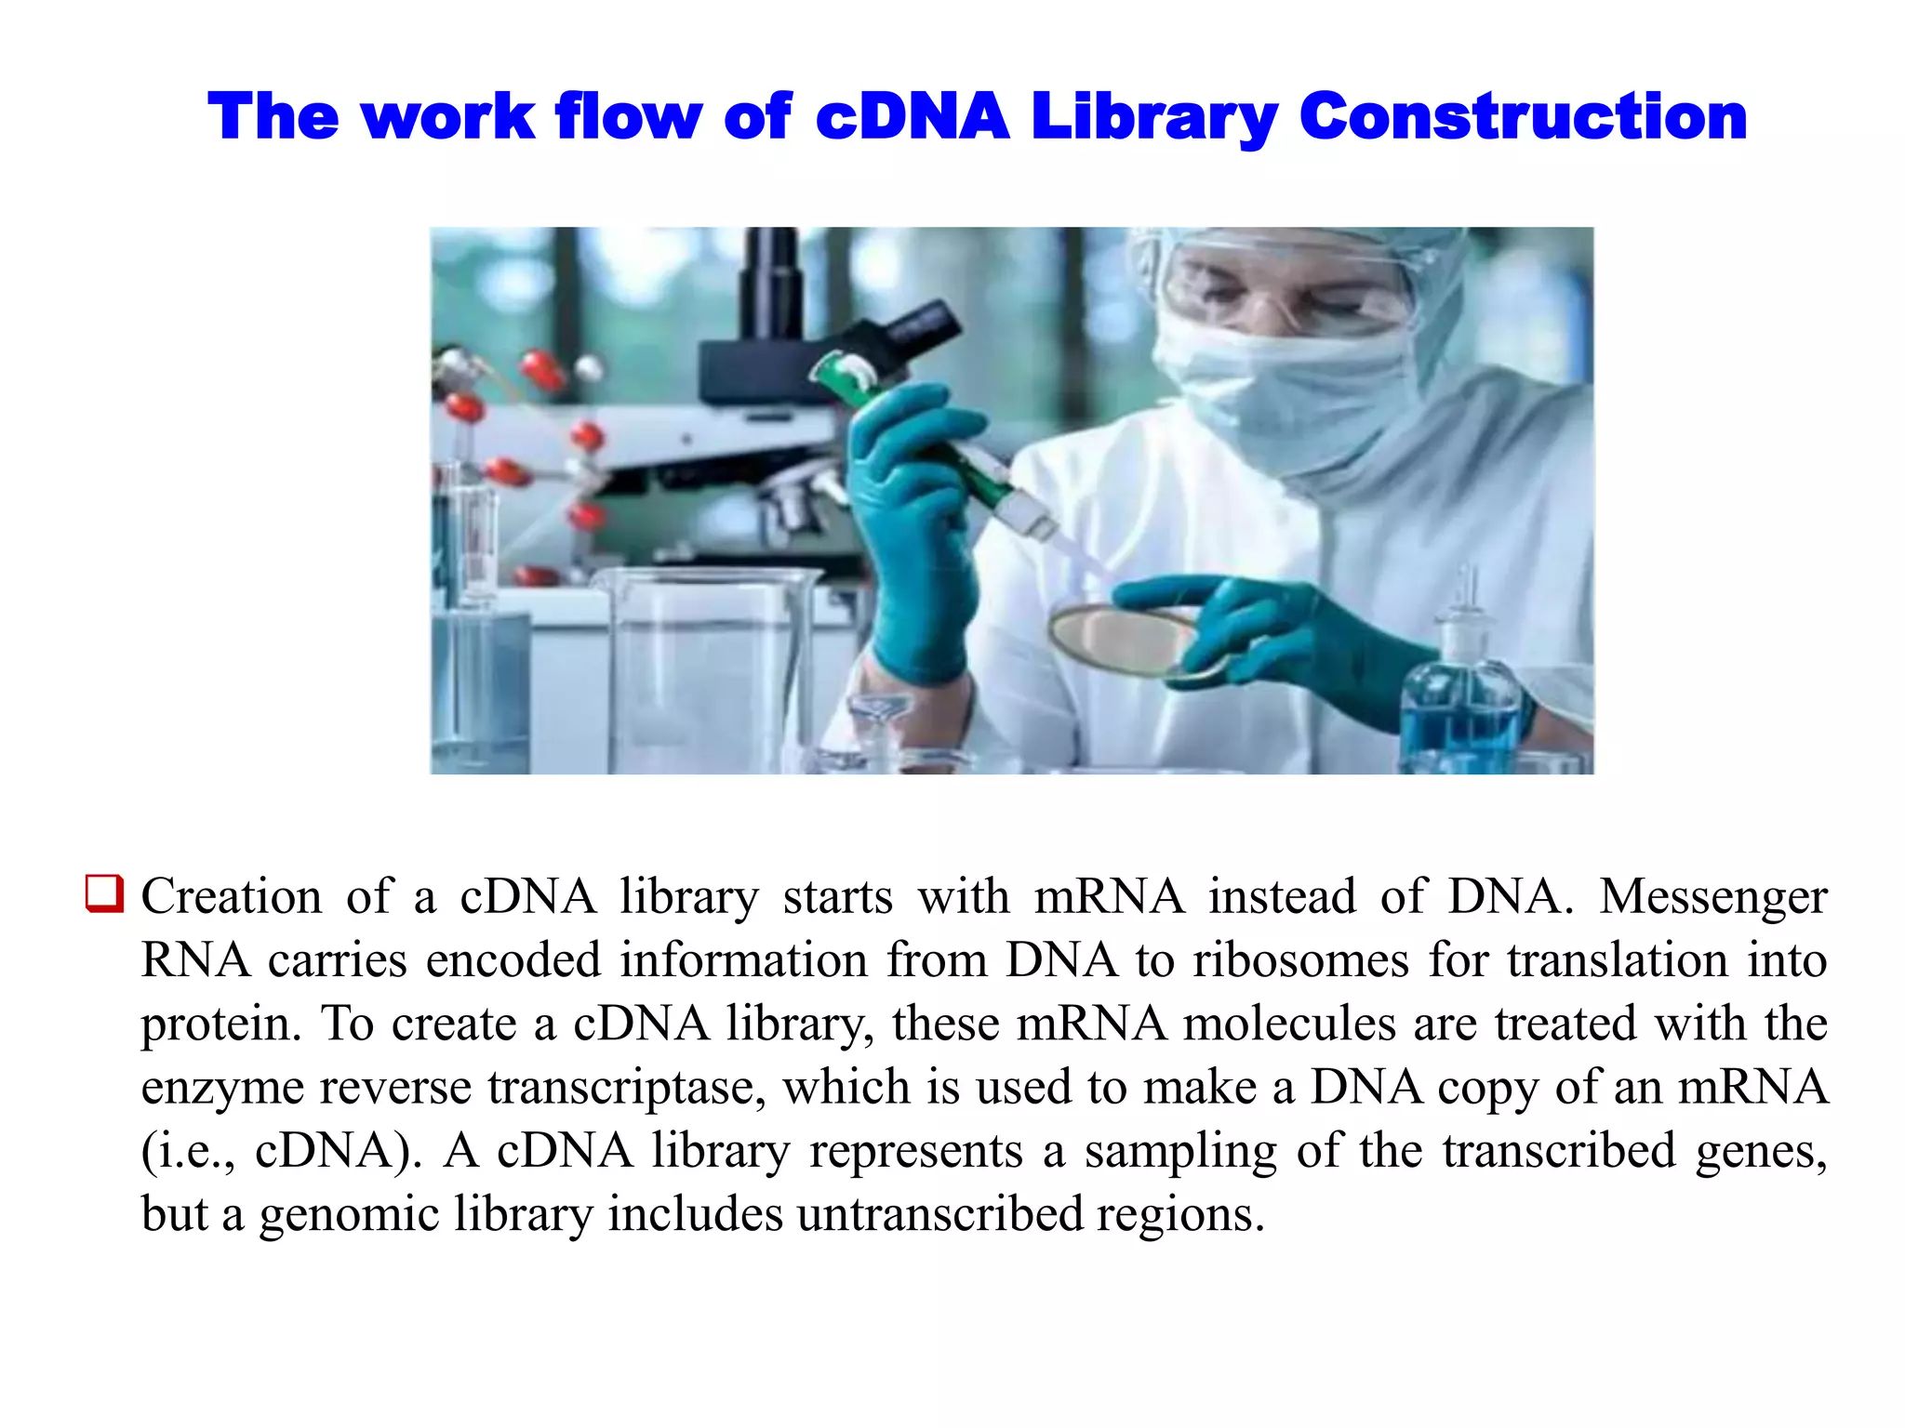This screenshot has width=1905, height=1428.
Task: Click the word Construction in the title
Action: pyautogui.click(x=1523, y=117)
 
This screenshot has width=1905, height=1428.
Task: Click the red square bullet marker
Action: pyautogui.click(x=103, y=893)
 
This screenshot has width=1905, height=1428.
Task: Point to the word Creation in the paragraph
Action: pyautogui.click(x=231, y=897)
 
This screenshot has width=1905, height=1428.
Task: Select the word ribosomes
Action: pyautogui.click(x=1301, y=960)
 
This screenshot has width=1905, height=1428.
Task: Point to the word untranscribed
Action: pyautogui.click(x=939, y=1213)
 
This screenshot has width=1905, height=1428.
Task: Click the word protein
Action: pyautogui.click(x=221, y=1025)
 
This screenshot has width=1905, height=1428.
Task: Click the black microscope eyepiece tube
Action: pyautogui.click(x=772, y=279)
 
